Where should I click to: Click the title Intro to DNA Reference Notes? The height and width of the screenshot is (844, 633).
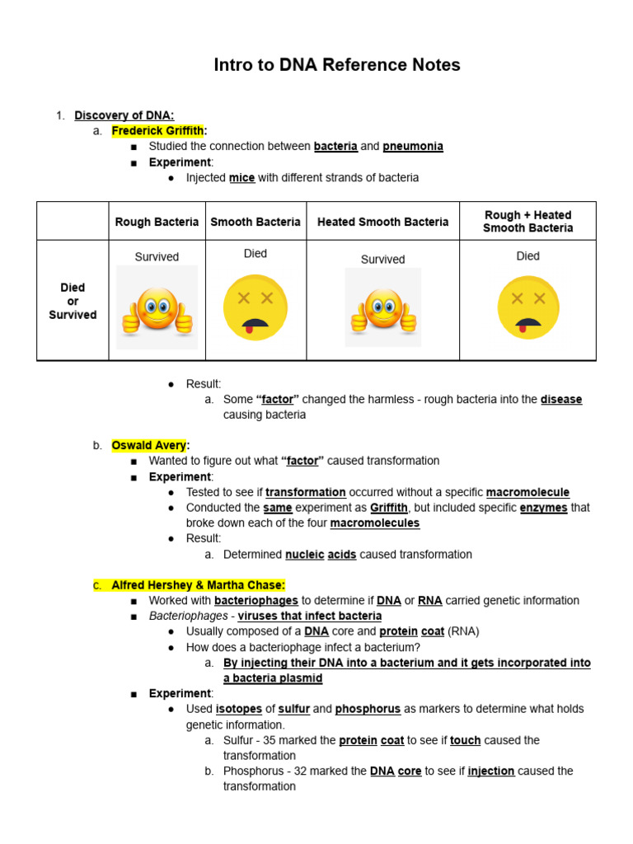tap(336, 65)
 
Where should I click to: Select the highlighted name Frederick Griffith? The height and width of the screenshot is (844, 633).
tap(157, 130)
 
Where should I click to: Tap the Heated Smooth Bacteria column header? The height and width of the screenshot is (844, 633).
tap(382, 222)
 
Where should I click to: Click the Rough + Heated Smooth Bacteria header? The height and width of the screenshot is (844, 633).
tap(527, 221)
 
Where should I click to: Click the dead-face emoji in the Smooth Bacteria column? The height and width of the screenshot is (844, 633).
tap(255, 307)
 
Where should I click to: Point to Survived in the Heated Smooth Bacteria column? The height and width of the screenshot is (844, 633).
tap(382, 259)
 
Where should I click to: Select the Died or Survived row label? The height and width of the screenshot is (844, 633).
tap(73, 301)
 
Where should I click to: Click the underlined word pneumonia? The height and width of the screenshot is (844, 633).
tap(412, 146)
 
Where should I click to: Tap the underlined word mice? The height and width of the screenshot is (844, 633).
tap(241, 177)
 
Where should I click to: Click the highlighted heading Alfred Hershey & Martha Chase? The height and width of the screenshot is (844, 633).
tap(198, 585)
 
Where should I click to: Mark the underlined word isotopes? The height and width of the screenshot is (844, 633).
tap(238, 709)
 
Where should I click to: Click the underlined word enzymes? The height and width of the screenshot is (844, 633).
tap(543, 508)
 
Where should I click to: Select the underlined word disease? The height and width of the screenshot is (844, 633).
tap(561, 399)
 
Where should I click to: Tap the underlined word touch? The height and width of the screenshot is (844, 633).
tap(465, 740)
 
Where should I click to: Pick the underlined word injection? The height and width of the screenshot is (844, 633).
tap(491, 771)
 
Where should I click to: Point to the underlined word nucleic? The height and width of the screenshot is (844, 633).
tap(304, 555)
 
